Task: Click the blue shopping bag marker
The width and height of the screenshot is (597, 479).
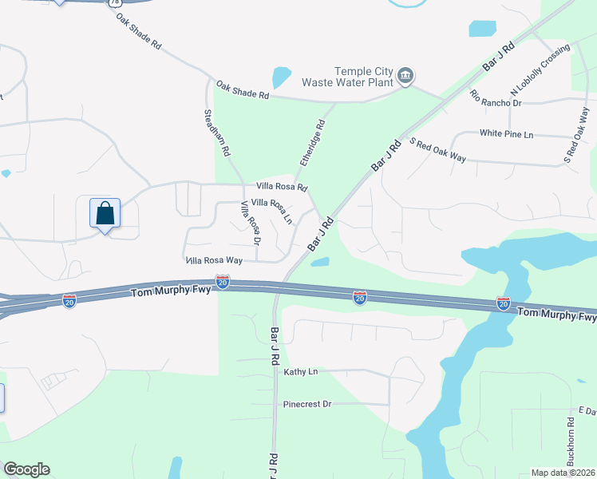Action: (x=105, y=214)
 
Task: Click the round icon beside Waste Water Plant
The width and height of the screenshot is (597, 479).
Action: (x=405, y=76)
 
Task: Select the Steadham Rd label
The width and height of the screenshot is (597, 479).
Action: (x=216, y=133)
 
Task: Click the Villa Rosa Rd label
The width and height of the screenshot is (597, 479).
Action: (x=281, y=187)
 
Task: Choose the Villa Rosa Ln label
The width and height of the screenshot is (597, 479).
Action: (x=272, y=209)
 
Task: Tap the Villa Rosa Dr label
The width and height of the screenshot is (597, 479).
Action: (x=251, y=224)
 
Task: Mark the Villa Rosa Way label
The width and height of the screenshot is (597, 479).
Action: (x=214, y=260)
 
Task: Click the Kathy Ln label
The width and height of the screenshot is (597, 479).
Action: (x=301, y=372)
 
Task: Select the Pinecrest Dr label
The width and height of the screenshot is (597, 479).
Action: (x=307, y=404)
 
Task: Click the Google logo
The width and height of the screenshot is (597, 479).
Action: (x=26, y=469)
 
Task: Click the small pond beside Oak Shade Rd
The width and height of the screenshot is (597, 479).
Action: (x=281, y=77)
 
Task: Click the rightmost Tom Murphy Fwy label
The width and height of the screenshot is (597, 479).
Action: (x=555, y=315)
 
